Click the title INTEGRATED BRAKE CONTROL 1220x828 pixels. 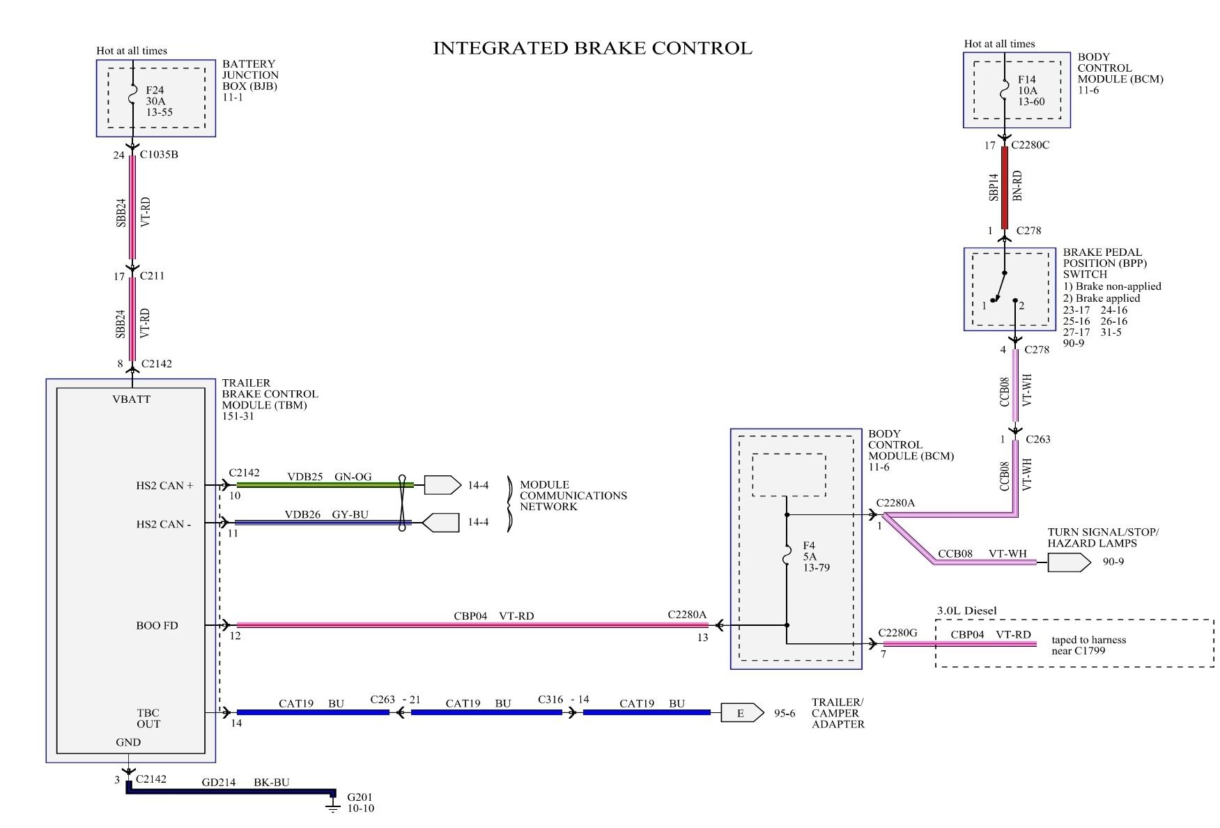pyautogui.click(x=592, y=48)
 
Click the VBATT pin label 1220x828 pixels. pyautogui.click(x=131, y=399)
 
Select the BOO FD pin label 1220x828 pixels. pyautogui.click(x=157, y=625)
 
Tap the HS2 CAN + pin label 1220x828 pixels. pyautogui.click(x=164, y=485)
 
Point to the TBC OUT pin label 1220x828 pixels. pyautogui.click(x=148, y=718)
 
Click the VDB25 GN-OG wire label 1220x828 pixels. pyautogui.click(x=329, y=477)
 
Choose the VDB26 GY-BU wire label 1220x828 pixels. pyautogui.click(x=326, y=514)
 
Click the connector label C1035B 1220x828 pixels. pyautogui.click(x=159, y=154)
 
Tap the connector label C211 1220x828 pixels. pyautogui.click(x=152, y=275)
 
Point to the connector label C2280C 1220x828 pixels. pyautogui.click(x=1030, y=145)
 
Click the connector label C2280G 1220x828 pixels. pyautogui.click(x=897, y=632)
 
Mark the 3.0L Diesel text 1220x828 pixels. pyautogui.click(x=966, y=611)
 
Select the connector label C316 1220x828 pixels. pyautogui.click(x=550, y=699)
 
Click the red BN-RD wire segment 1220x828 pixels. pyautogui.click(x=1004, y=188)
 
